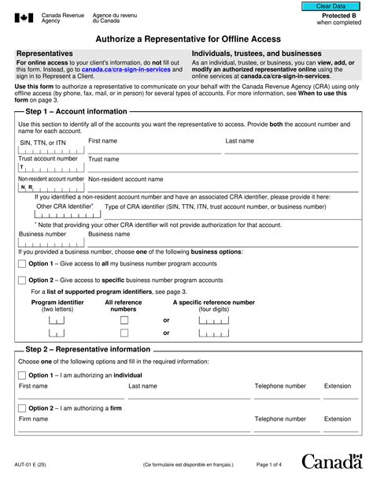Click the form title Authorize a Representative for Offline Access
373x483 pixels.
tap(187, 39)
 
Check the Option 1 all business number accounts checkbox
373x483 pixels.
tap(21, 264)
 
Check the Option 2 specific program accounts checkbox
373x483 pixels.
tap(21, 280)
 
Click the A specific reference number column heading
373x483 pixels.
tap(213, 302)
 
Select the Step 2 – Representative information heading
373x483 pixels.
tap(87, 349)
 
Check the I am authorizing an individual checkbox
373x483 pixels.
tap(21, 376)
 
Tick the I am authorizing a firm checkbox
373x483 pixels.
tap(21, 408)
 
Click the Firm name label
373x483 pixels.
tap(34, 419)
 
